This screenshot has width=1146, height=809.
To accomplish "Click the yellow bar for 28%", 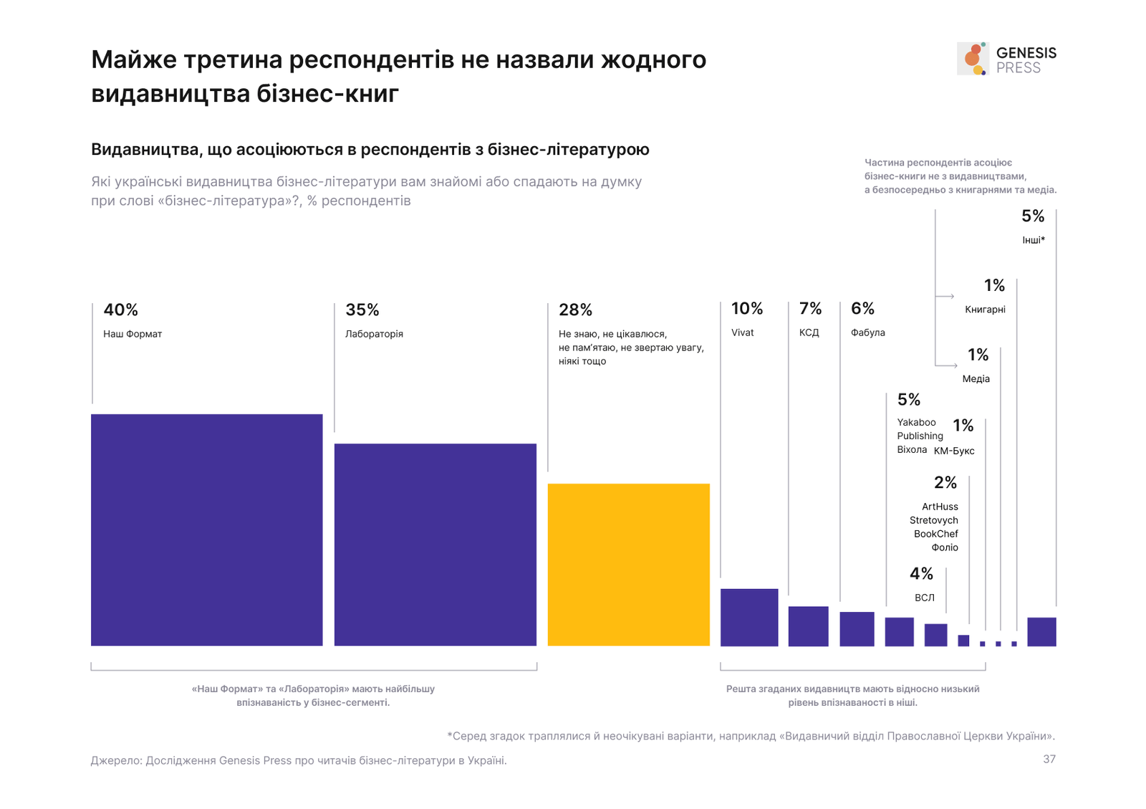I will pos(628,565).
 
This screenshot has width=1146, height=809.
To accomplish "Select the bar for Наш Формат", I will pos(206,530).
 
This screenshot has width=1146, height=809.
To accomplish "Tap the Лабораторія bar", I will pos(435,545).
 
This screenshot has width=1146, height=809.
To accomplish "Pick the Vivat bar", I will pos(748,617).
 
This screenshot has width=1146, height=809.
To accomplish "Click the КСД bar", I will pos(808,626).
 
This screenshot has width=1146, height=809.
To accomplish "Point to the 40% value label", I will pos(120,310).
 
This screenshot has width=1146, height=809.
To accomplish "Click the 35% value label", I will pos(362,310).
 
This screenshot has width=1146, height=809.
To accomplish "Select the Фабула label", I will pos(867,332).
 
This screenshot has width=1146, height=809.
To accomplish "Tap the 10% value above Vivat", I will pos(746,308).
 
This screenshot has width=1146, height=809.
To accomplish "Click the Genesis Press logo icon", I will pos(973,58).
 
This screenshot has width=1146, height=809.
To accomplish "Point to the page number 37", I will pos(1049,759).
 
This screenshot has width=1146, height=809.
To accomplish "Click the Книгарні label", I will pos(985,310).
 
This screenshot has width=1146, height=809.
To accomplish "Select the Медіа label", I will pos(976,378).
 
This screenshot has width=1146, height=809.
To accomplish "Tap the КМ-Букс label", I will pos(954,451).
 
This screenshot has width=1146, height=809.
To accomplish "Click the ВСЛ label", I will pos(924,598).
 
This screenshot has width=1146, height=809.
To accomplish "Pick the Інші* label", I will pos(1033,240).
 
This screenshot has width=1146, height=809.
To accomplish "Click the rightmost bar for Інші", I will pos(1041,631).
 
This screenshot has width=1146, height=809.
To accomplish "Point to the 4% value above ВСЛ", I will pos(921,573).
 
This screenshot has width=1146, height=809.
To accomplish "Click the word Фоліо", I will pos(945,547).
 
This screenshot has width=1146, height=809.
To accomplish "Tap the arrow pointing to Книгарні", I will pos(945,296).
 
